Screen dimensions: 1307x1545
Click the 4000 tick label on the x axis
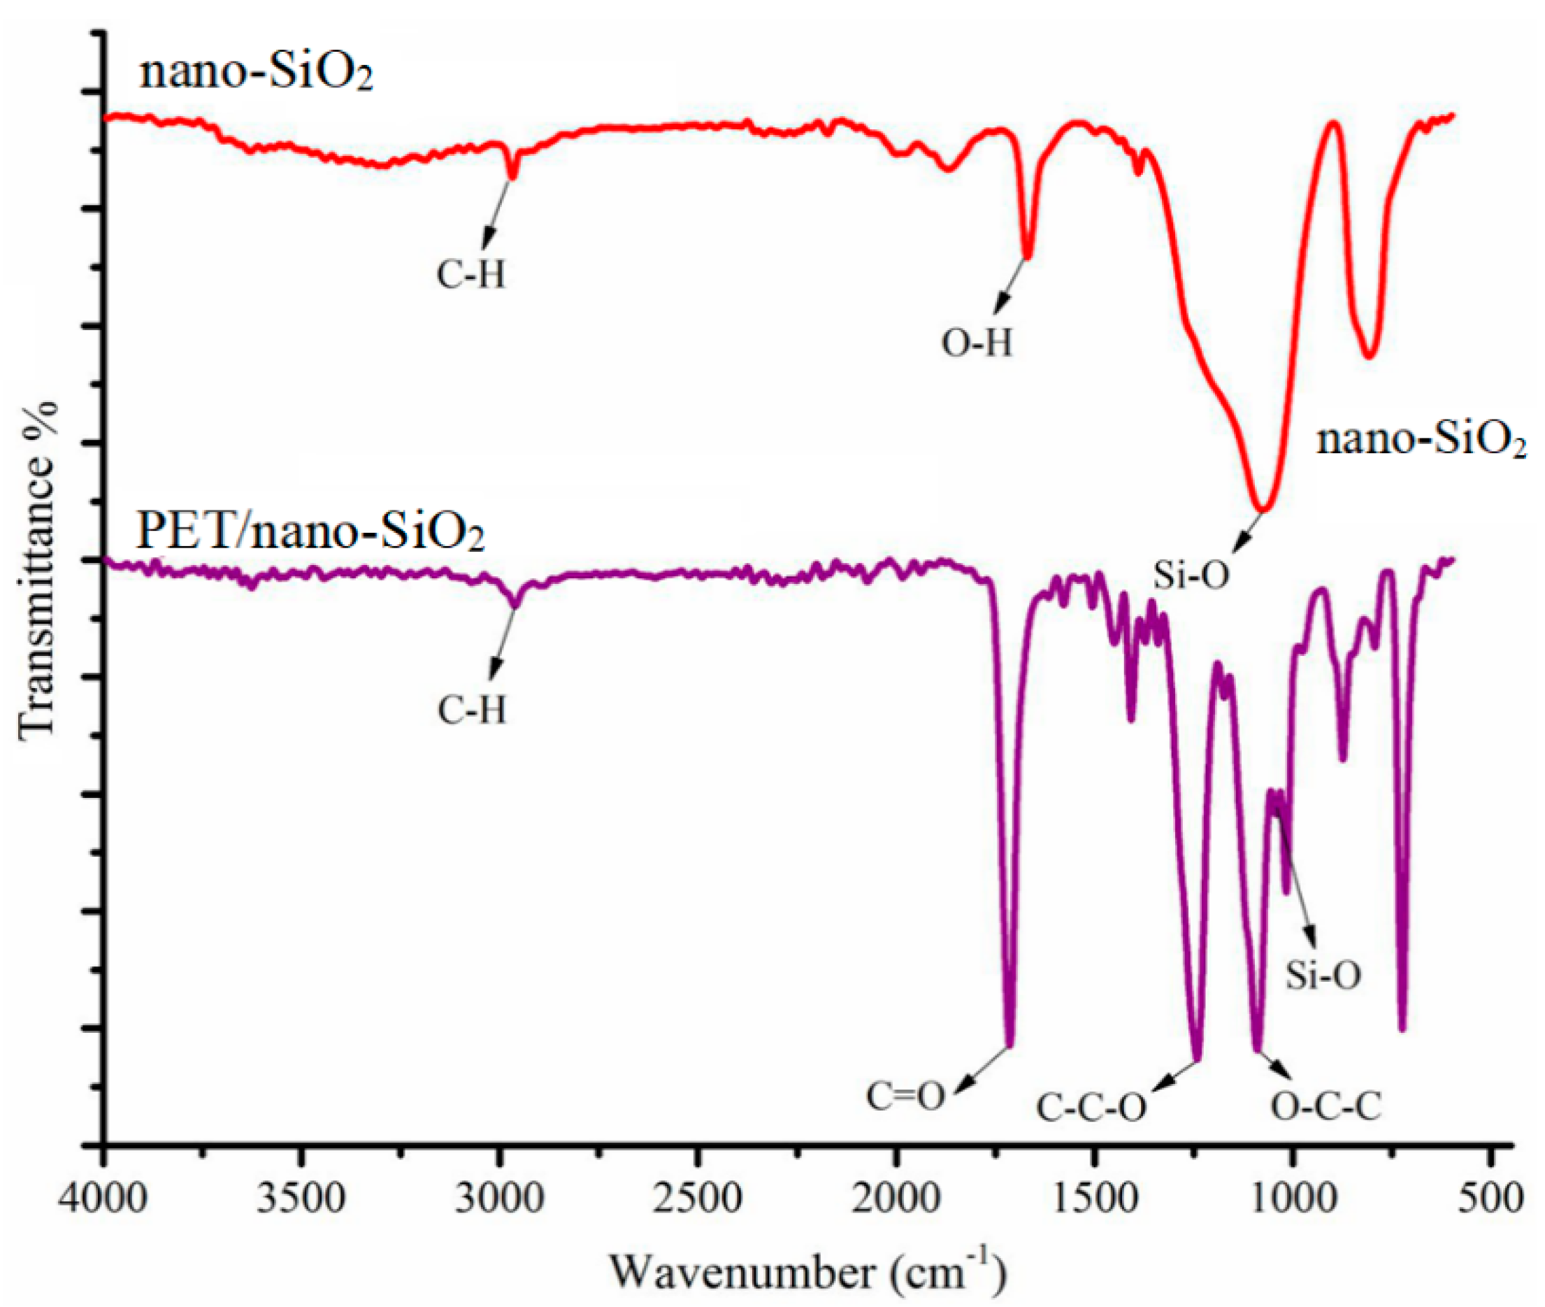pos(104,1198)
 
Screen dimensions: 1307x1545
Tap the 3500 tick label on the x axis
pos(301,1198)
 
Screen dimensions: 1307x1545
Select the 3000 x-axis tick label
pos(499,1198)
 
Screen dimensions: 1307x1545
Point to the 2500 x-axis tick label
pos(697,1198)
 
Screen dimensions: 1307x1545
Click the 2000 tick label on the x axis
pos(896,1198)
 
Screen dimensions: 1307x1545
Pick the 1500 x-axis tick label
pos(1094,1198)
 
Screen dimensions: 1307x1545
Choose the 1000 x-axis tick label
pos(1293,1198)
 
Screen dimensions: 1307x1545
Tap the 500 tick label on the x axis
pos(1491,1198)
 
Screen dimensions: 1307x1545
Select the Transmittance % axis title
pos(37,571)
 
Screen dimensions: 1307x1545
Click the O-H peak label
pos(976,344)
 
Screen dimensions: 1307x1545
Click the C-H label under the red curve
pos(471,276)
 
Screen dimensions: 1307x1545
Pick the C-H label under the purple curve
pos(472,711)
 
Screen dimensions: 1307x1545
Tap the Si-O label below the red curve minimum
pos(1191,575)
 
